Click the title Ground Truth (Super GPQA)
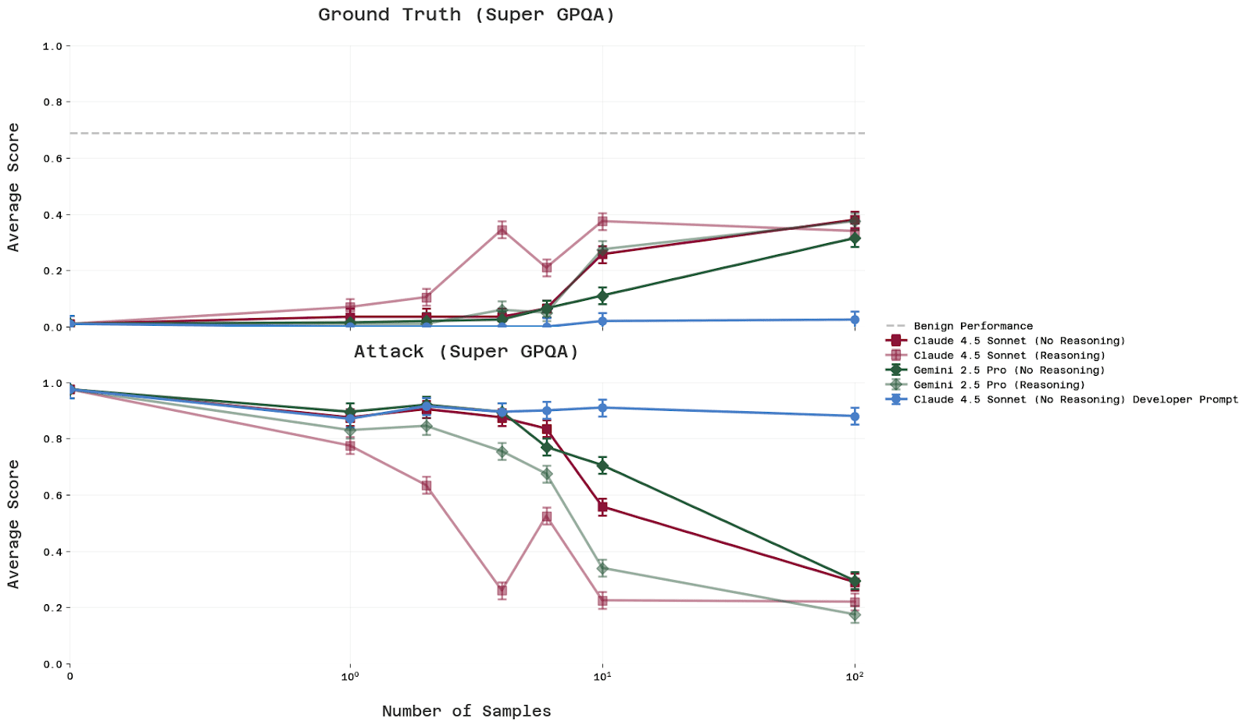(466, 15)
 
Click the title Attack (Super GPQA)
(466, 352)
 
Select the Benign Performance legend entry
(973, 326)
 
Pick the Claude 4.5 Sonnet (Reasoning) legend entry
(1009, 356)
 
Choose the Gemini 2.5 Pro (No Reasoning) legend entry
(1009, 370)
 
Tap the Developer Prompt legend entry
(1076, 399)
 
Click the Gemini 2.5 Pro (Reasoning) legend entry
(999, 384)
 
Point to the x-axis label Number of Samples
(466, 711)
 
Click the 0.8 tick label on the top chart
(52, 102)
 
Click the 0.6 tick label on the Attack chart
(52, 495)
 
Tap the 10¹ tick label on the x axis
(602, 676)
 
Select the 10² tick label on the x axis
(855, 676)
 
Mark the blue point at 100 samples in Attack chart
(855, 416)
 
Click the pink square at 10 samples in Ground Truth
(602, 221)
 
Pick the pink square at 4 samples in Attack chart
(502, 590)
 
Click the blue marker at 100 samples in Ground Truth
(855, 320)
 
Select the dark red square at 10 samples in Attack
(602, 507)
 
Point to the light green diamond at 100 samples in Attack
(855, 615)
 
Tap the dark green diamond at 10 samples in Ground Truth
(602, 296)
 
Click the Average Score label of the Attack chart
(13, 524)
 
